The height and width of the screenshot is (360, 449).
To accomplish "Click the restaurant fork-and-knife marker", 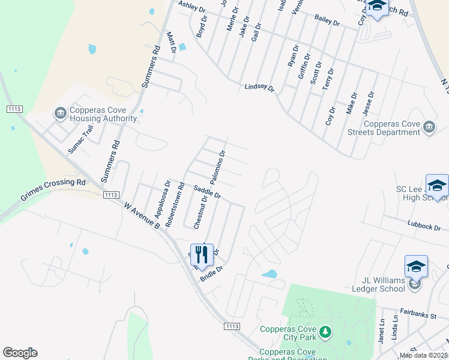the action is tap(201, 255).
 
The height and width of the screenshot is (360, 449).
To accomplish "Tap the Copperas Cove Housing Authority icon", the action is tap(60, 112).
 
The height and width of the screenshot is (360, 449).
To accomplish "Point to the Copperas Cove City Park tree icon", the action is tap(325, 331).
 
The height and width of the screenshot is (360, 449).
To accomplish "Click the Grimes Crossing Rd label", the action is tap(53, 189).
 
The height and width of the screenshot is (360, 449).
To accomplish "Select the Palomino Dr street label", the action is tap(217, 167).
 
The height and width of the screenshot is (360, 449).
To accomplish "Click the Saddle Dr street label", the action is tap(207, 192).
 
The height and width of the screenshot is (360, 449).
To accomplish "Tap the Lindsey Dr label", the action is tap(259, 88).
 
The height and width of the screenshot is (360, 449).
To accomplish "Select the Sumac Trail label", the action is tap(80, 139).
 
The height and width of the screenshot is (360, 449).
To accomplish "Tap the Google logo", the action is tap(20, 353).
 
